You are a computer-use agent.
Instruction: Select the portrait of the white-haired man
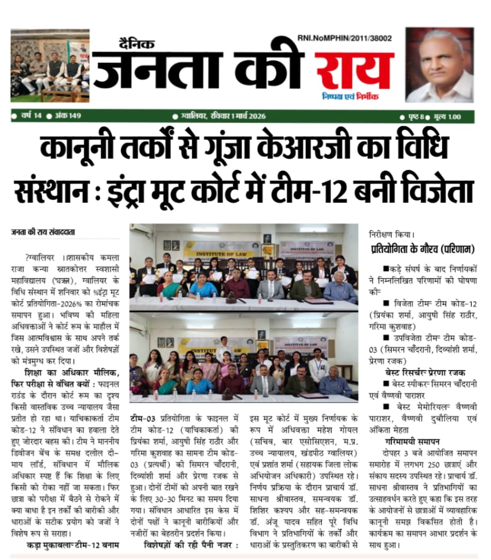click(439, 65)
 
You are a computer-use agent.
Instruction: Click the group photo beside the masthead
click(50, 66)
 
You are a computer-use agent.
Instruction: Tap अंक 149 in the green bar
click(68, 116)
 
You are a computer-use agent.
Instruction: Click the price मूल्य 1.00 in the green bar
click(447, 116)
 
